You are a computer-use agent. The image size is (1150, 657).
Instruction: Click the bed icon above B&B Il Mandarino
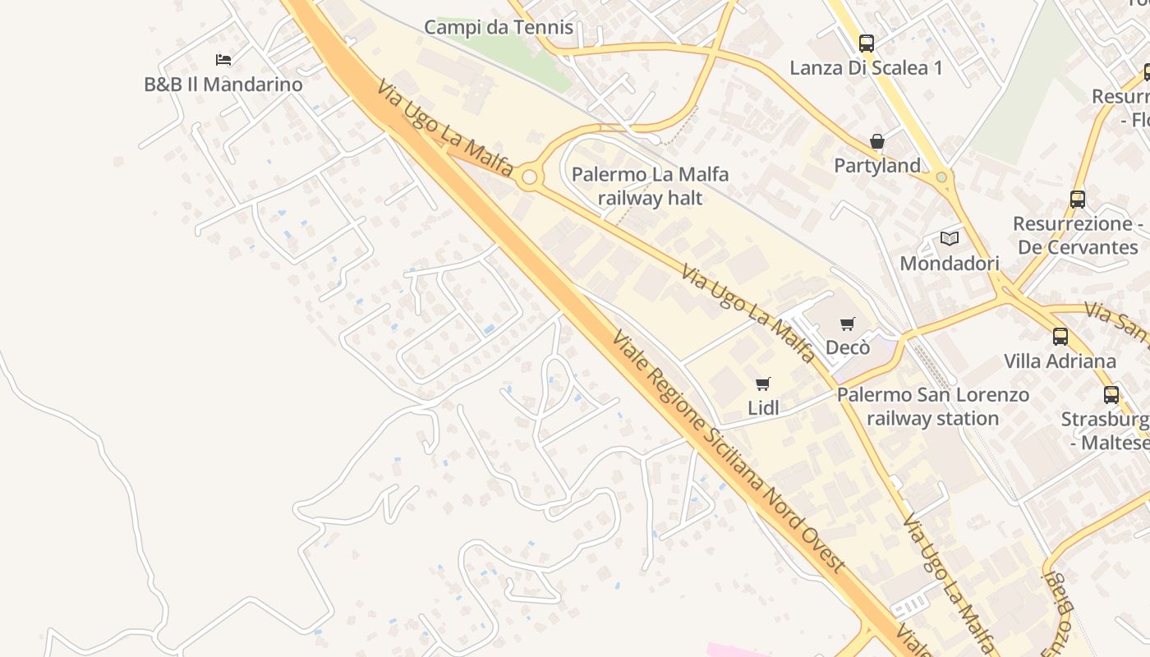[223, 60]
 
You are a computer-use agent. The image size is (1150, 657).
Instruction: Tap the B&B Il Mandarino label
[223, 85]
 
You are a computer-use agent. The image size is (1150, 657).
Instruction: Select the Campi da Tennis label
[499, 27]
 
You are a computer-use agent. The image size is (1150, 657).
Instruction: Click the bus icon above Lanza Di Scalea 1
[866, 44]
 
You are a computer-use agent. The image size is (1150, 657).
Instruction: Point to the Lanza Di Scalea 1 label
[866, 67]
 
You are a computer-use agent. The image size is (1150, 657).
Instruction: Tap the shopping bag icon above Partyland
[877, 141]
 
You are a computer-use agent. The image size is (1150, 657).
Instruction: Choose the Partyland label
[877, 165]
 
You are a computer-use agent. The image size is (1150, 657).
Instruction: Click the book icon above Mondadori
[950, 239]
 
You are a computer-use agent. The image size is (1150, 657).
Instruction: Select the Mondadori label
[950, 263]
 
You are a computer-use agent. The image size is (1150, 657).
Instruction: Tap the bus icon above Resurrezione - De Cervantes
[1077, 199]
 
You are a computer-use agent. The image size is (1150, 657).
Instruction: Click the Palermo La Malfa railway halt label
[650, 186]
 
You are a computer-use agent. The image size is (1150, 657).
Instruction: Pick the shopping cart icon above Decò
[847, 324]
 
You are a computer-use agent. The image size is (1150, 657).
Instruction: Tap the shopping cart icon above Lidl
[763, 384]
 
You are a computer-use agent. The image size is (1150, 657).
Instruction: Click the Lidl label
[763, 407]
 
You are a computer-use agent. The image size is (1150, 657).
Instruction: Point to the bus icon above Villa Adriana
[1060, 336]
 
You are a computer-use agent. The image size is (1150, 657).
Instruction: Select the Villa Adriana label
[1060, 361]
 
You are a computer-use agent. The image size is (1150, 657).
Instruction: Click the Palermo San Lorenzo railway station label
[933, 407]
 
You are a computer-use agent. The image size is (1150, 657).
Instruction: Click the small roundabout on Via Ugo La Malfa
[529, 177]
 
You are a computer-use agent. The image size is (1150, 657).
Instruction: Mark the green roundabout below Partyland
[941, 177]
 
